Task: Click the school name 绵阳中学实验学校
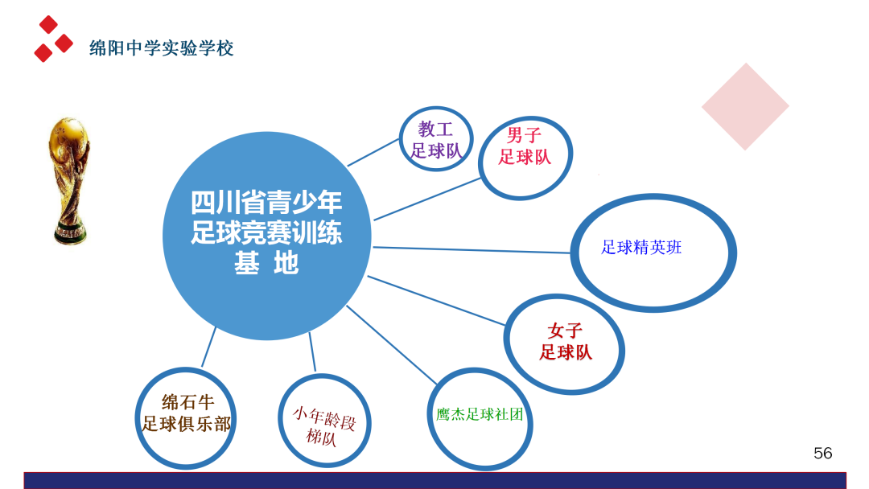[x=161, y=48]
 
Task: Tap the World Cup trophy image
[x=69, y=181]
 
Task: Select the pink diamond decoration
[x=744, y=107]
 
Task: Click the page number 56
[x=822, y=454]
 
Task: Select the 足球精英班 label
[x=641, y=248]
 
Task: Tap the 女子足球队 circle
[x=565, y=341]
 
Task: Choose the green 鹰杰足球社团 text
[x=480, y=415]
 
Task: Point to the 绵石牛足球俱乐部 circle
[x=187, y=413]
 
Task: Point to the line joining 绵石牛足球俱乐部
[x=208, y=351]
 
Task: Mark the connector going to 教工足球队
[x=373, y=152]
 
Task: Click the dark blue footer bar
[x=434, y=480]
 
